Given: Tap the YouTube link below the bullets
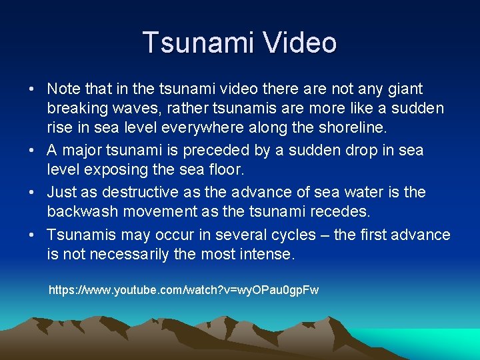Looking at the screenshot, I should pyautogui.click(x=184, y=291).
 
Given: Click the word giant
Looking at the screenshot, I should pyautogui.click(x=405, y=89).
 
